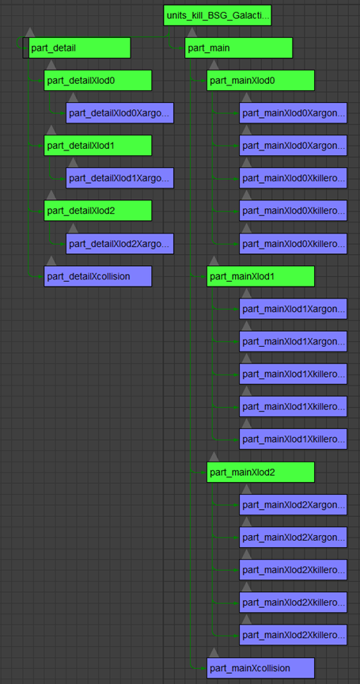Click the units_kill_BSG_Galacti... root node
click(218, 15)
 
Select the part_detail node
click(80, 48)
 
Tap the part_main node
click(238, 48)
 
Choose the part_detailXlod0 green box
click(97, 80)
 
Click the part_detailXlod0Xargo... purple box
click(119, 113)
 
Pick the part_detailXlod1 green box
click(97, 145)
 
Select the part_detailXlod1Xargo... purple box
click(119, 178)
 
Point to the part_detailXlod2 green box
click(97, 211)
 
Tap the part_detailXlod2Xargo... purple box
click(119, 243)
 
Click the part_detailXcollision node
click(97, 276)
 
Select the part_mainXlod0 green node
click(260, 80)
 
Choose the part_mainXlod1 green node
click(260, 276)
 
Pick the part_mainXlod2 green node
click(260, 472)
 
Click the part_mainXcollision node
click(260, 668)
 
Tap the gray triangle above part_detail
click(29, 32)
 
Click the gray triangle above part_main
click(191, 32)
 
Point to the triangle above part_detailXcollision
click(51, 260)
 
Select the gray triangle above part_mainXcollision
click(214, 652)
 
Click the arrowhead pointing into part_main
click(182, 48)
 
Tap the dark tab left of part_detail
click(25, 48)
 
